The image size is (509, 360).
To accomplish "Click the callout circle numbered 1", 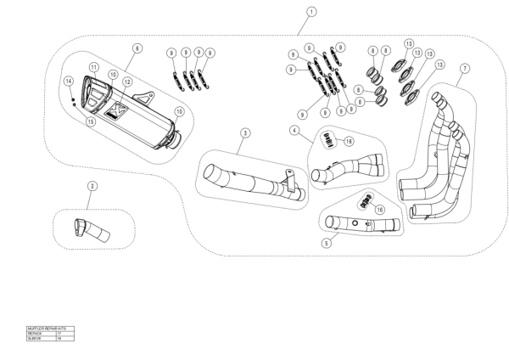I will tap(312, 12).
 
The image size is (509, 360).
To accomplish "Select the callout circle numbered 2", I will tap(92, 185).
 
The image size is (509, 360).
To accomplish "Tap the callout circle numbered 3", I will tap(244, 133).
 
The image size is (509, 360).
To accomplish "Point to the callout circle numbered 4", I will tap(294, 131).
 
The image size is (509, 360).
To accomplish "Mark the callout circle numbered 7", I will tap(464, 68).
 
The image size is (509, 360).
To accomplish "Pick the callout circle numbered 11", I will tap(94, 67).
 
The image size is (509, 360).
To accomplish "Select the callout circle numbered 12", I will tap(127, 82).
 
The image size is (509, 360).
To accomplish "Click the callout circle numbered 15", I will tap(91, 121).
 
